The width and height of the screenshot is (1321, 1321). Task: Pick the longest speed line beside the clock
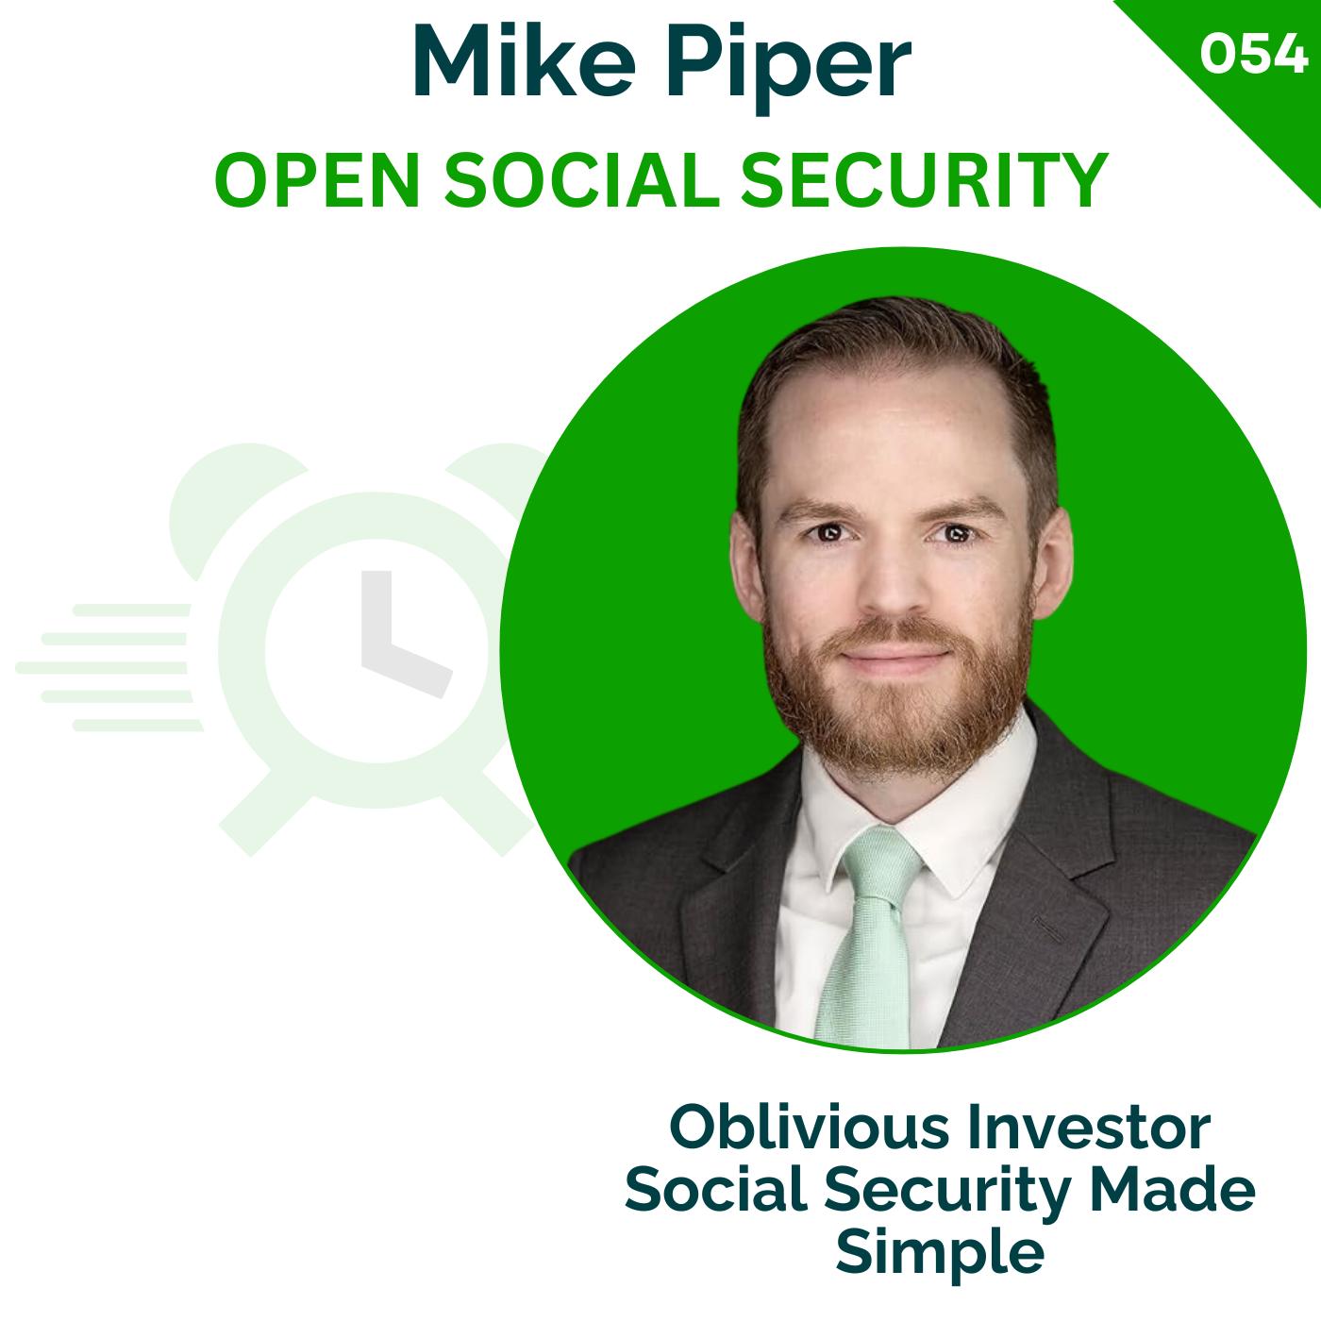tap(104, 668)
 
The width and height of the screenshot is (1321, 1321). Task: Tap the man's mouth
tap(892, 656)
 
